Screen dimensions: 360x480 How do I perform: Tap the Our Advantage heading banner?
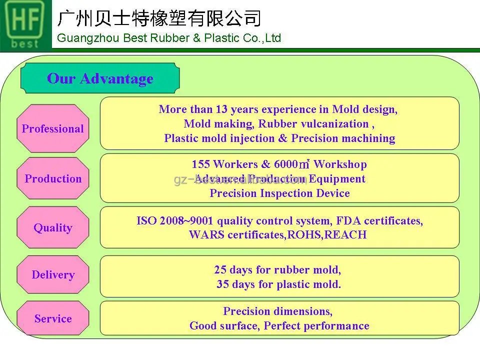point(100,78)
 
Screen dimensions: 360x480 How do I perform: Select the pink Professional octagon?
point(53,128)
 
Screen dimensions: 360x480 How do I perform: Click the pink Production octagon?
point(53,178)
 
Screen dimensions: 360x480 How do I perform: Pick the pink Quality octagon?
point(53,227)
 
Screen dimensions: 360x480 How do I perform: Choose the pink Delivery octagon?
point(53,274)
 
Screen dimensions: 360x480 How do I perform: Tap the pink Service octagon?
point(53,318)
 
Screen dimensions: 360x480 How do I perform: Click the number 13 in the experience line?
point(221,109)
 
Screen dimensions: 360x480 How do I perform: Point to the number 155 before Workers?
point(200,164)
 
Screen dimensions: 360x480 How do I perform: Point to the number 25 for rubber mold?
point(220,270)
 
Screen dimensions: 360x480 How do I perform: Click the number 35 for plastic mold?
point(223,284)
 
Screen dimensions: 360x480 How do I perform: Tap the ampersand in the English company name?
point(196,38)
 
